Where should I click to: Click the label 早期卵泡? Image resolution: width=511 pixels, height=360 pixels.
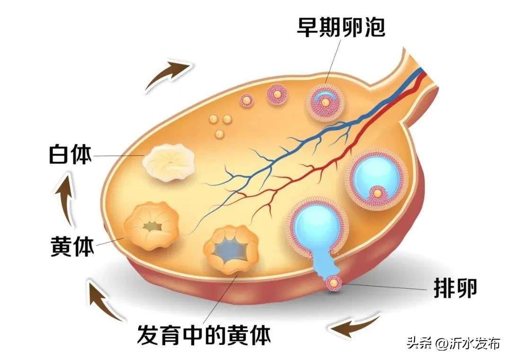pos(341,27)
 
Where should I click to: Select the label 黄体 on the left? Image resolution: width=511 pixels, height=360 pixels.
pos(72,246)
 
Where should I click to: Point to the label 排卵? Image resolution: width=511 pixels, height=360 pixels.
pos(455,287)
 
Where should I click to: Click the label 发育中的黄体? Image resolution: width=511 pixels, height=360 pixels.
pos(204,335)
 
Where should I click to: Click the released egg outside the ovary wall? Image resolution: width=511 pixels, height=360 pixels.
pos(335,283)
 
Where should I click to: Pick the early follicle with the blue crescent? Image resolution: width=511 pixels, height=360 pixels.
pos(325,102)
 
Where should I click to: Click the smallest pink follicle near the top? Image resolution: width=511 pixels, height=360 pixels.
pos(247,100)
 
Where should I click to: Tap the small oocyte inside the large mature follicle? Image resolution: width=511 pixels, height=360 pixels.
pos(378,193)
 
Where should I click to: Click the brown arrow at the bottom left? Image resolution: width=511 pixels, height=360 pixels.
pos(105,300)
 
